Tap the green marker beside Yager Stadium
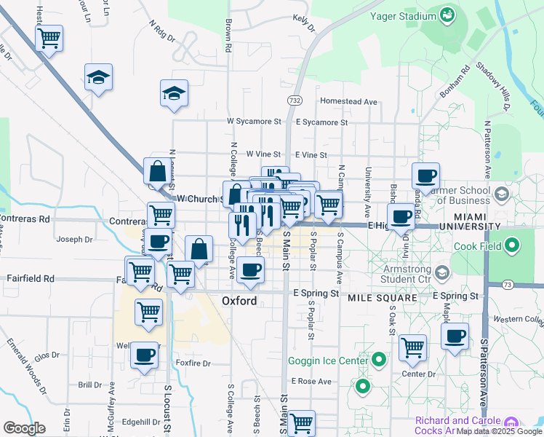coord(447,15)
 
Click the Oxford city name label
coord(239,300)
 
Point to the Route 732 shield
coord(294,100)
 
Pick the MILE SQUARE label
coord(382,299)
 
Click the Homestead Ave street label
coord(349,101)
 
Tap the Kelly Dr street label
coord(304,22)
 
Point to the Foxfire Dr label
coord(193,363)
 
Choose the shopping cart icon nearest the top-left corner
coord(49,38)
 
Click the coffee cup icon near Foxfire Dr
coord(144,355)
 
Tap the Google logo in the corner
coord(24,428)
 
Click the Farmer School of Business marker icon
coord(502,194)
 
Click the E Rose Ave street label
coord(311,381)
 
